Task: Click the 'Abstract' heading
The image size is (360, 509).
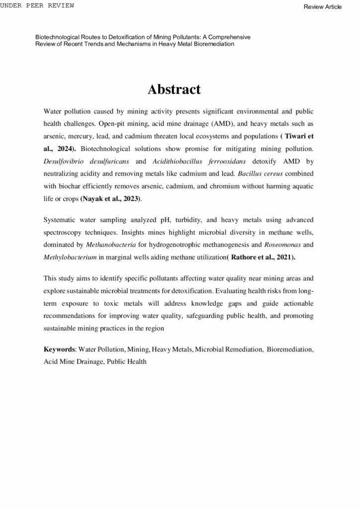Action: click(174, 89)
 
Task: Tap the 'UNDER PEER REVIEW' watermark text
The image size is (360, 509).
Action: click(37, 5)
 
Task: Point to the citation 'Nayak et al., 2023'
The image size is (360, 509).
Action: click(110, 199)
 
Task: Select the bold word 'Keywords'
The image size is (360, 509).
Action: click(59, 350)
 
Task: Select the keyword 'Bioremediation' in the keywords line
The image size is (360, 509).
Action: click(289, 350)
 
